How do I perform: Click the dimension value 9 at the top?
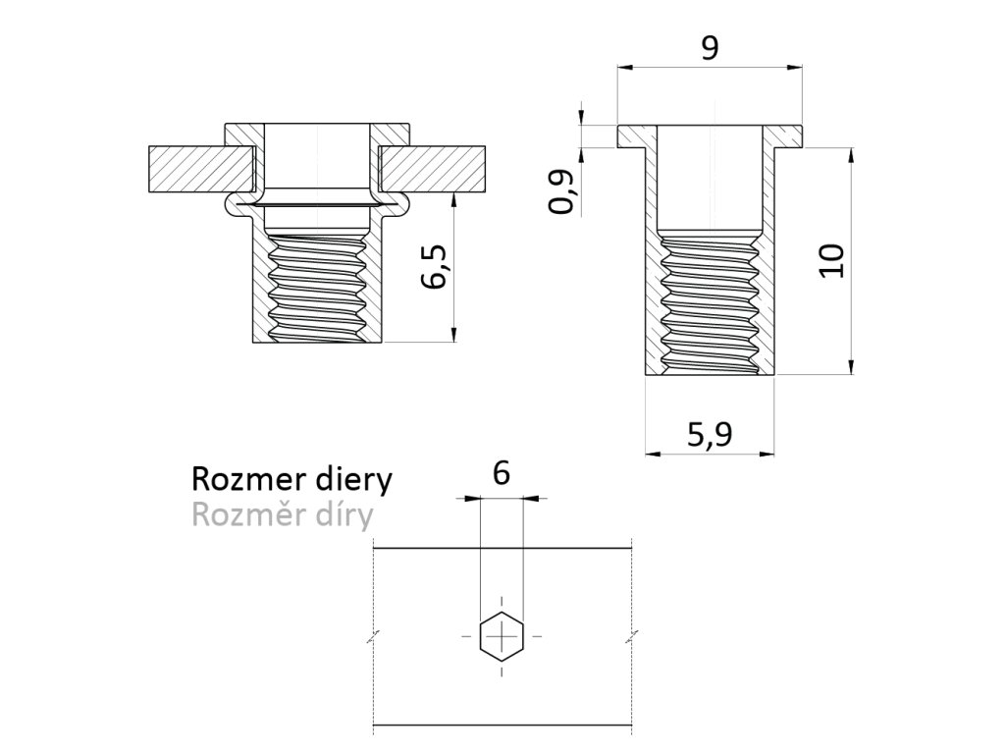(x=708, y=48)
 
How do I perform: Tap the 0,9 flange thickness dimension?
(x=562, y=192)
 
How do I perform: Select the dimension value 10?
(x=831, y=261)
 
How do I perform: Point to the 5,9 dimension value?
(x=709, y=433)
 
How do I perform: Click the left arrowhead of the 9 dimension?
(x=622, y=68)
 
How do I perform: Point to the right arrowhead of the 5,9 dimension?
(x=768, y=454)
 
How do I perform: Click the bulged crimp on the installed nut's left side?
(x=233, y=203)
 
